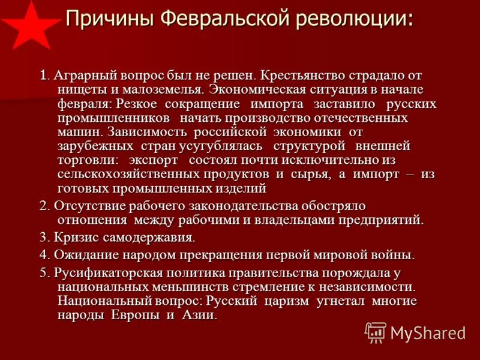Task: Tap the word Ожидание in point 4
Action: pos(82,254)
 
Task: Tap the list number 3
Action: pos(43,236)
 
